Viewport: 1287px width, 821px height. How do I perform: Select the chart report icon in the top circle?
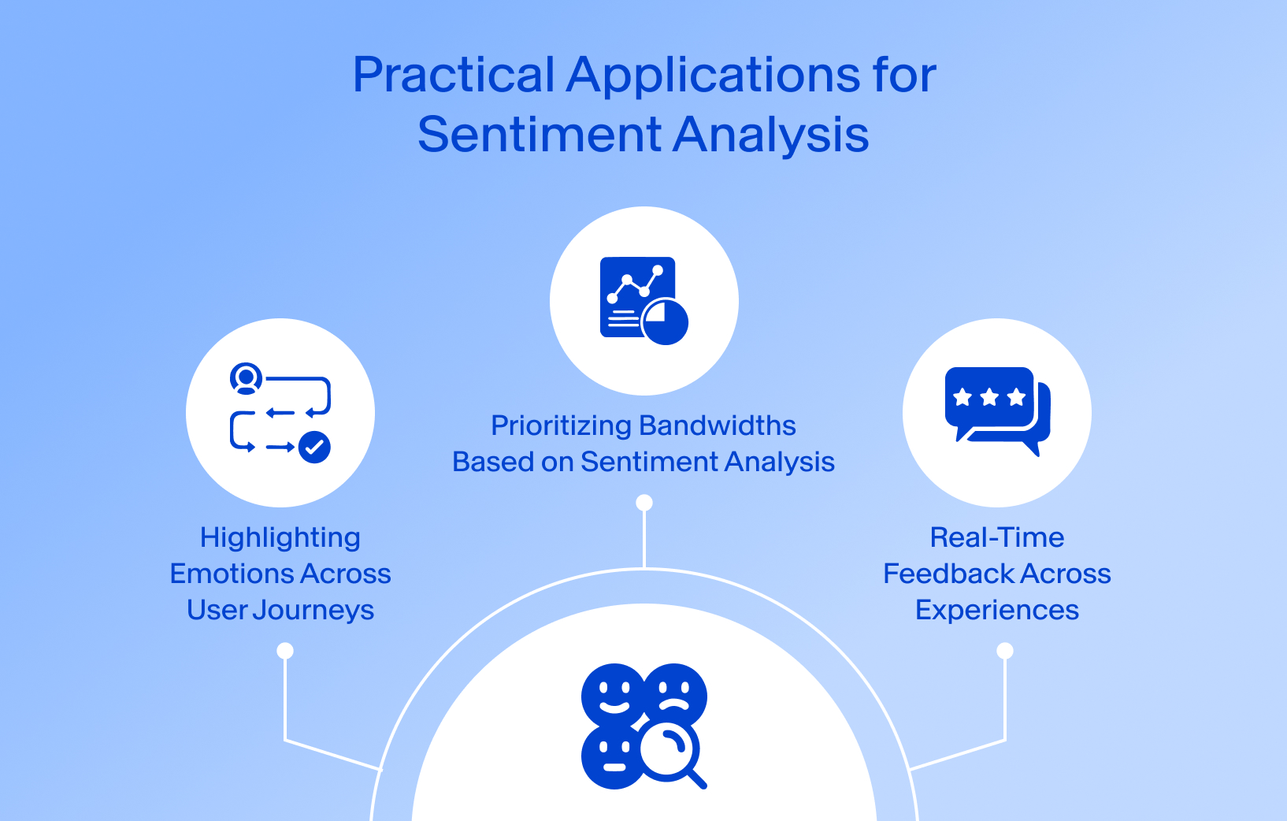[x=638, y=298]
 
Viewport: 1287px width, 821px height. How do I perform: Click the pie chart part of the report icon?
[x=666, y=321]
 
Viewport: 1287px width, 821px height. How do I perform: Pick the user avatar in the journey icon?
[x=246, y=378]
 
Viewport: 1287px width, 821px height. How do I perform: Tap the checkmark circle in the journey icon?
[x=314, y=448]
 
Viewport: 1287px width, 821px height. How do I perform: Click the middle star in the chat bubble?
[x=989, y=397]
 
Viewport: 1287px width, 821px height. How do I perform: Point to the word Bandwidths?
[x=728, y=426]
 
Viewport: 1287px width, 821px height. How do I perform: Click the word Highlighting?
[x=280, y=538]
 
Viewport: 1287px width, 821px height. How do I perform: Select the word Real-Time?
[x=996, y=538]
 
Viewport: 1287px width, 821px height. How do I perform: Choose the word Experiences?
[x=996, y=611]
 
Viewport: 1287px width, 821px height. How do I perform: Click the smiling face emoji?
[x=613, y=693]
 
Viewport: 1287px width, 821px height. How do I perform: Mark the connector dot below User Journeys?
[x=285, y=651]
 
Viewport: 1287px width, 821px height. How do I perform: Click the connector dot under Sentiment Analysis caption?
[x=644, y=503]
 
